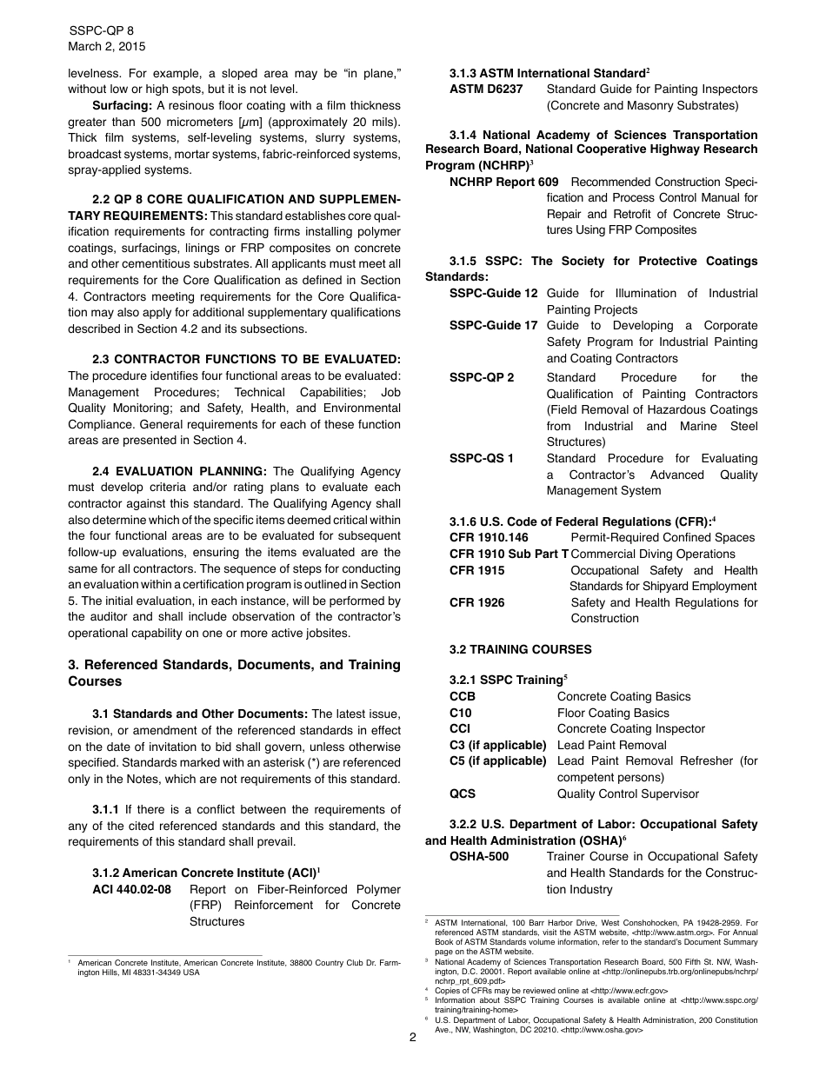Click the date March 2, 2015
tap(107, 46)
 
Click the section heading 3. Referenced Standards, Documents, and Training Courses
tap(234, 673)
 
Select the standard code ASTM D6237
tap(486, 89)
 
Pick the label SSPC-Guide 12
tap(493, 293)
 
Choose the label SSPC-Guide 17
tap(493, 325)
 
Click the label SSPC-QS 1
tap(481, 458)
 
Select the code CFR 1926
tap(476, 602)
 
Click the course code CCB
tap(462, 696)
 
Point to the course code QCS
tap(463, 793)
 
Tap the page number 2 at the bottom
tap(413, 1037)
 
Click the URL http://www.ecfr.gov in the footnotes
tap(629, 990)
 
